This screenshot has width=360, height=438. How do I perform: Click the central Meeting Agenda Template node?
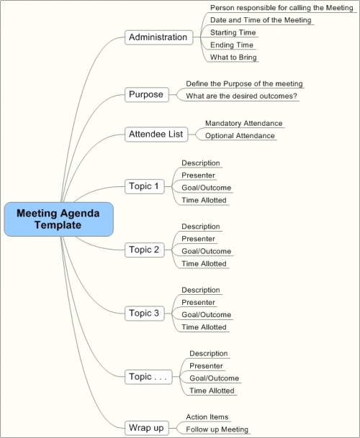59,219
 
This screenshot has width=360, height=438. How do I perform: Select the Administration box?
159,37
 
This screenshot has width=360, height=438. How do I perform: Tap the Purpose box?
147,95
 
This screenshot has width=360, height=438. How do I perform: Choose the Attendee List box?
156,134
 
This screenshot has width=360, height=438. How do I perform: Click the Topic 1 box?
144,186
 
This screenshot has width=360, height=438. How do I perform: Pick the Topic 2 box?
144,250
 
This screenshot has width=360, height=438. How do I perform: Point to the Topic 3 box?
144,313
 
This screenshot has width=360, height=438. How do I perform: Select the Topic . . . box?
148,377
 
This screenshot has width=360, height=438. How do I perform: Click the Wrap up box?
147,428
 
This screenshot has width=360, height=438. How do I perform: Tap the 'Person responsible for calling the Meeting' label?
282,8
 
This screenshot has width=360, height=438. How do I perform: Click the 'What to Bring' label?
233,58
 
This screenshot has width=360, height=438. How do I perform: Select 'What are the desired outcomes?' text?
241,96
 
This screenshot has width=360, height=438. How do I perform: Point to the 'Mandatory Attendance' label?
243,123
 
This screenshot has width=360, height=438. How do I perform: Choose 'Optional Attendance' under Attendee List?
240,136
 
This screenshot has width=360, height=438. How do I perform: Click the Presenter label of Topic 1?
198,175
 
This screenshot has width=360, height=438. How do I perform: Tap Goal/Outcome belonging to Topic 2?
206,251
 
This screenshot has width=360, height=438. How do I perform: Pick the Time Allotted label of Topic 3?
204,327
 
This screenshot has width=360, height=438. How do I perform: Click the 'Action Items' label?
207,417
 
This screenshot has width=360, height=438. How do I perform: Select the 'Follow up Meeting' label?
217,429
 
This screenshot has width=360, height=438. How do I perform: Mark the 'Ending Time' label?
232,45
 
